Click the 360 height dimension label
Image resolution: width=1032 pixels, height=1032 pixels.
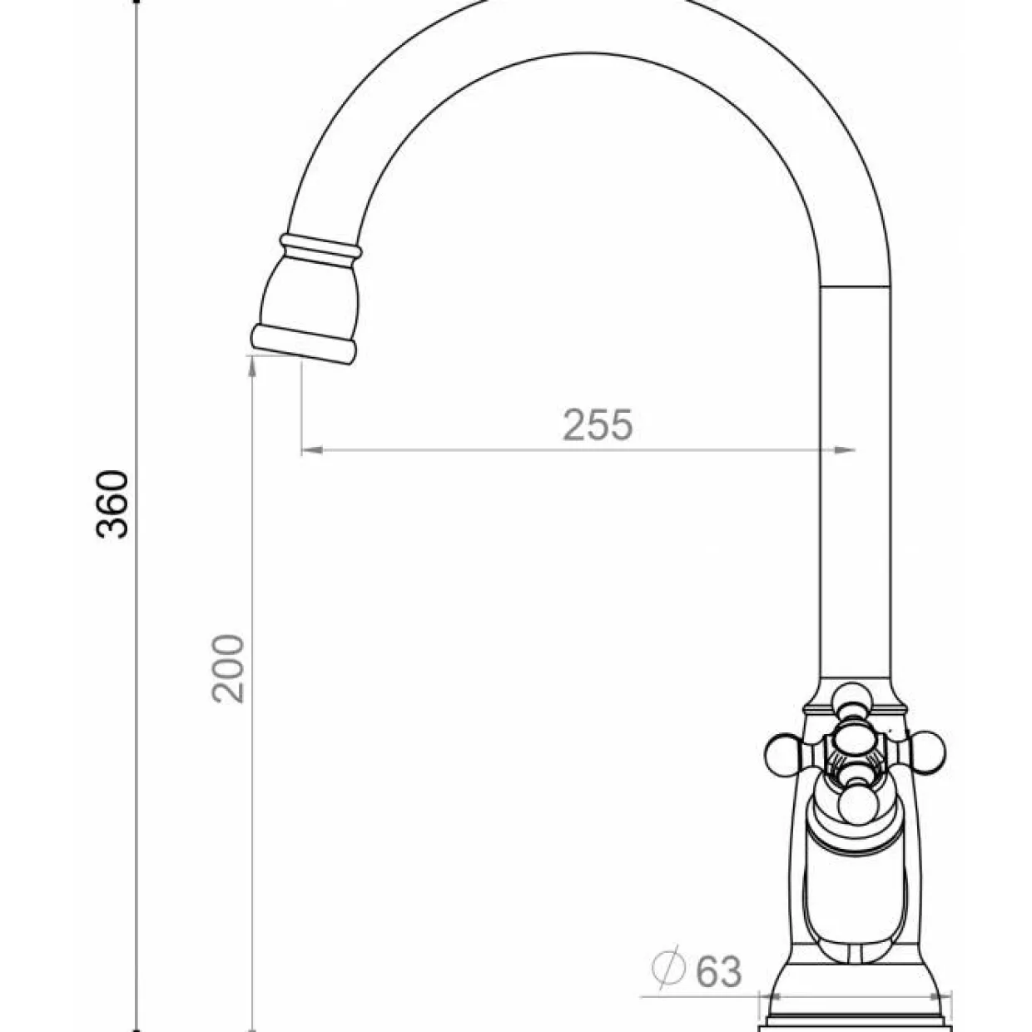click(112, 504)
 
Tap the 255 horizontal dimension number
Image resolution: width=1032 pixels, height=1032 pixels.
click(598, 424)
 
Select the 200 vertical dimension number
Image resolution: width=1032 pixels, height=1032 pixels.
click(227, 668)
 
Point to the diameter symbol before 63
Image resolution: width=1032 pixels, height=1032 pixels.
click(668, 969)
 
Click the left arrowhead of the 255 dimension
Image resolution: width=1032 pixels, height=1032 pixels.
click(312, 450)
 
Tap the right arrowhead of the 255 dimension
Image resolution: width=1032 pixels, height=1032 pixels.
click(845, 450)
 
